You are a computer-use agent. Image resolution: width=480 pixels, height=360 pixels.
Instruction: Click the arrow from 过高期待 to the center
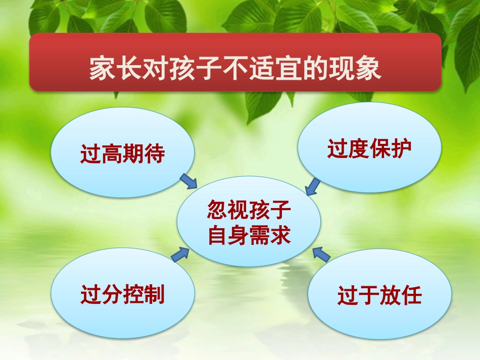point(188,181)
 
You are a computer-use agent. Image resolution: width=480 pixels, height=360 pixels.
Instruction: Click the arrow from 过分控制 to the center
point(180,255)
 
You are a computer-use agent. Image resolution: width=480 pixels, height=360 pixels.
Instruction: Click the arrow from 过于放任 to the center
point(321,254)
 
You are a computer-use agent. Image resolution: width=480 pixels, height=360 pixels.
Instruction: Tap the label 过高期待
point(123,154)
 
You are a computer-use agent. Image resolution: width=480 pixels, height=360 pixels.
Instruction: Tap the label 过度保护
point(369,149)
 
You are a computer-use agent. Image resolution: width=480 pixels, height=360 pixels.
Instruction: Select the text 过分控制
point(123,295)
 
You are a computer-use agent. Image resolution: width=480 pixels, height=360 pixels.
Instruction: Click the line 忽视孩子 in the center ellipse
point(249,210)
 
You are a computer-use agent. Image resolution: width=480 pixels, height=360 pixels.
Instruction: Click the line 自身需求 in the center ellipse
point(249,235)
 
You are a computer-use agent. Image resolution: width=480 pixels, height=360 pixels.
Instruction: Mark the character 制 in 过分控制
point(155,295)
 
